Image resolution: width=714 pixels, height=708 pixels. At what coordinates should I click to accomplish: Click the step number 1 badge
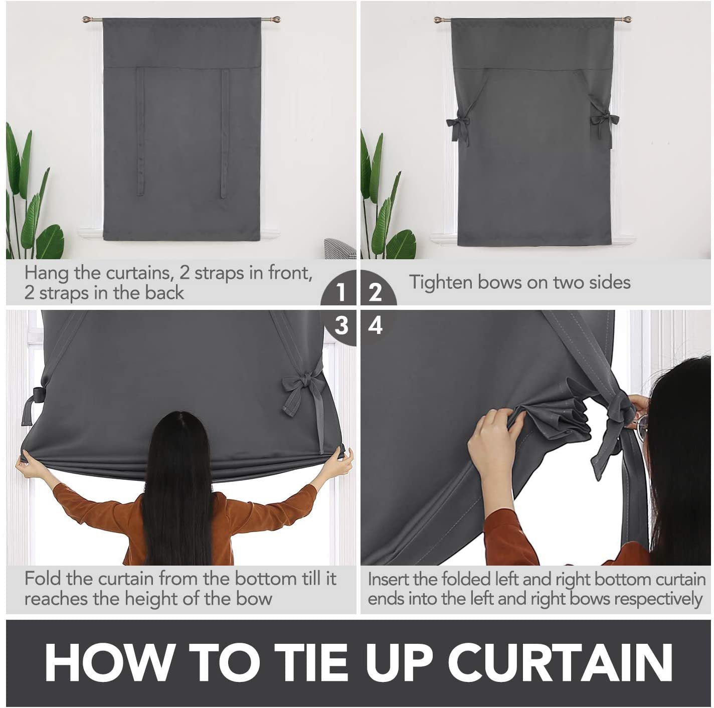point(341,291)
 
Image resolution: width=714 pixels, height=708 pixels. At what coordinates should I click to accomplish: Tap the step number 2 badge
point(375,291)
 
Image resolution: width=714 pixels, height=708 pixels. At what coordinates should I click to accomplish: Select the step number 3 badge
point(341,326)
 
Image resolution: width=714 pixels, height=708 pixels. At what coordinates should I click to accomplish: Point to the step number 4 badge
point(375,326)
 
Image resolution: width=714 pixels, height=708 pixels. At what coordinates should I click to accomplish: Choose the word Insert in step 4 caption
point(389,580)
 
